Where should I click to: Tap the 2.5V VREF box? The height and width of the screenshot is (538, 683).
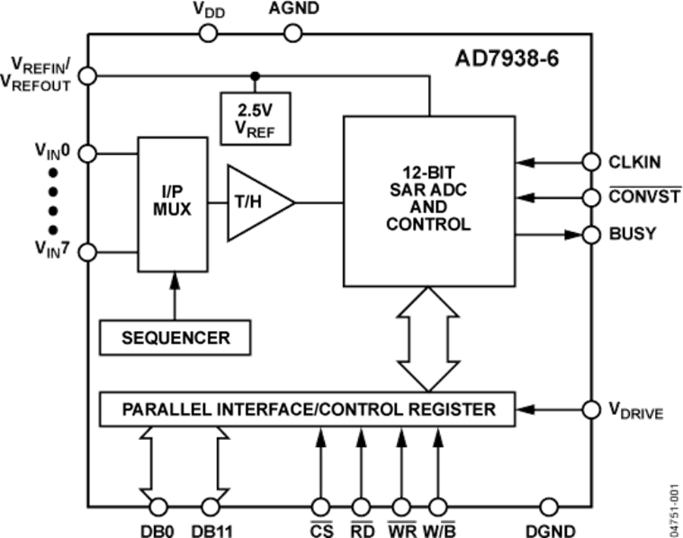255,118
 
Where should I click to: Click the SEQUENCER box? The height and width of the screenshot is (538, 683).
175,337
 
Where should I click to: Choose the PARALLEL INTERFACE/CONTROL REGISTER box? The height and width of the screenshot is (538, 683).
307,410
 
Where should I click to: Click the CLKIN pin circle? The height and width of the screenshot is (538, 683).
591,162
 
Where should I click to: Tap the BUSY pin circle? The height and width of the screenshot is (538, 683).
591,234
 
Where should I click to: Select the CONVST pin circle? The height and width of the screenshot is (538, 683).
591,197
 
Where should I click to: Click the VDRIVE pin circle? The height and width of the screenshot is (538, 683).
591,410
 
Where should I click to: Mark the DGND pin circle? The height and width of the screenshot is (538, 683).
548,506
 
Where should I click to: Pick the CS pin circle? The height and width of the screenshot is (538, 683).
321,506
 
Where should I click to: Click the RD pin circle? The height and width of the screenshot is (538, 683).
360,506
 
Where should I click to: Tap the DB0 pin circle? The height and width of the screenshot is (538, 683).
157,506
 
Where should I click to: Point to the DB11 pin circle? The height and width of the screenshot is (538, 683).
209,506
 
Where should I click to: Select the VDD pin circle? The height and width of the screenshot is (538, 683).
208,33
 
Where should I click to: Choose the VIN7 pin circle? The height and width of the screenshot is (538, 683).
88,252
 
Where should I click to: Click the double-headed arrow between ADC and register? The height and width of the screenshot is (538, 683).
429,338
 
